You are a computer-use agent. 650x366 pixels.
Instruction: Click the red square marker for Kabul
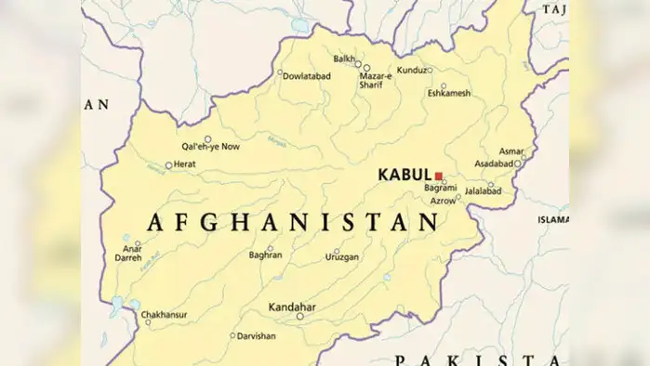pyautogui.click(x=438, y=175)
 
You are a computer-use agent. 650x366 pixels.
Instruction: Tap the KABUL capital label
pyautogui.click(x=405, y=174)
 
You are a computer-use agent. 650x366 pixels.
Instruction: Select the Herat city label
pyautogui.click(x=186, y=164)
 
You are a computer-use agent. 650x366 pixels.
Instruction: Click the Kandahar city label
pyautogui.click(x=291, y=306)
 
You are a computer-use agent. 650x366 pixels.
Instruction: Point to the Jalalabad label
pyautogui.click(x=483, y=191)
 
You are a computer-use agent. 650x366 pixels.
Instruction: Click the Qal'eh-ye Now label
pyautogui.click(x=210, y=147)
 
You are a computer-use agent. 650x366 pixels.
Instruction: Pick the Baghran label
pyautogui.click(x=266, y=255)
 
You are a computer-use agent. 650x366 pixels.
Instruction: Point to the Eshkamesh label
pyautogui.click(x=449, y=93)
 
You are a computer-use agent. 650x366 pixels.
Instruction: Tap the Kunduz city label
pyautogui.click(x=411, y=70)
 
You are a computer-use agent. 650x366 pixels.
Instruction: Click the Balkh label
pyautogui.click(x=343, y=59)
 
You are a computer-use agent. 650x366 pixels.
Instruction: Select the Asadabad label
pyautogui.click(x=494, y=163)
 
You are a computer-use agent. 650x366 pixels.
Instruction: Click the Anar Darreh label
pyautogui.click(x=129, y=253)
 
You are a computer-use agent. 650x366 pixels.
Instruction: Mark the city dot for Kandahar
pyautogui.click(x=299, y=317)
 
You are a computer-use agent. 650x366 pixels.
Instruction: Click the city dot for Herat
pyautogui.click(x=168, y=165)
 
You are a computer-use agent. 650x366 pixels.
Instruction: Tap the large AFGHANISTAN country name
pyautogui.click(x=292, y=221)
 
